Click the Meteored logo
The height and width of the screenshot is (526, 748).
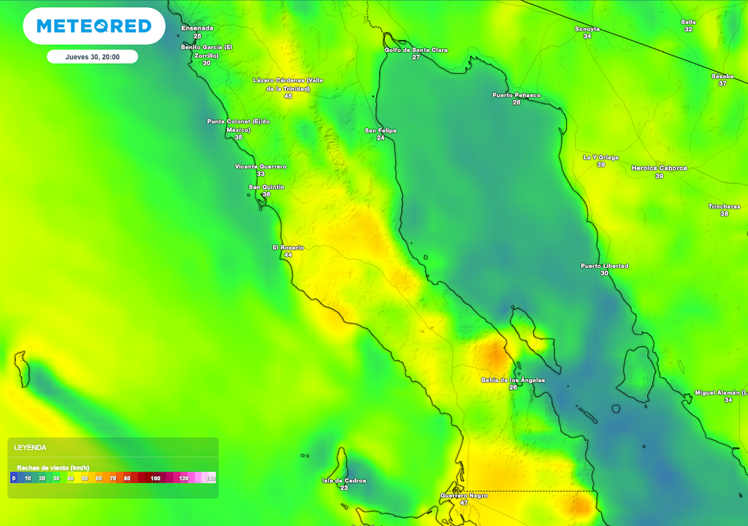[x=93, y=26]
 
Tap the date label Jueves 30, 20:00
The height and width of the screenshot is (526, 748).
[x=92, y=57]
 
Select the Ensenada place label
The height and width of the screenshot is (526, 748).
[x=197, y=28]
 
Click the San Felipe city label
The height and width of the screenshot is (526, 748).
[x=381, y=131]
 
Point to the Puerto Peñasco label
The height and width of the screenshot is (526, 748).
[x=516, y=95]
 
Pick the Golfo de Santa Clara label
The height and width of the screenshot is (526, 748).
[x=416, y=50]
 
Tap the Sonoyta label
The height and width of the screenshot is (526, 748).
[x=587, y=28]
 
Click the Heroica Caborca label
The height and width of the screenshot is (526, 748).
[x=659, y=168]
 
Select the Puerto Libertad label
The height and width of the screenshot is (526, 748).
[x=604, y=266]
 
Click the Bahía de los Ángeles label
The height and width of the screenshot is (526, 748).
[x=513, y=380]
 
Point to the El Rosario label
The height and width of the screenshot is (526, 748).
[x=288, y=248]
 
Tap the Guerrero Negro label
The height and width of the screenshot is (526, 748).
[x=464, y=495]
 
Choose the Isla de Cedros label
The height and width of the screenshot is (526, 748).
[x=344, y=481]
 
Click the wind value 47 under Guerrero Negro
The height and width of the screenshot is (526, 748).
[x=464, y=503]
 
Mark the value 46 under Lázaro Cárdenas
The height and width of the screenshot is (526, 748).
[x=288, y=96]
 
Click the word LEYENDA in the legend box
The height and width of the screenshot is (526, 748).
[x=31, y=447]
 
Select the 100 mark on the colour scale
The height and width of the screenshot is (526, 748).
[x=155, y=479]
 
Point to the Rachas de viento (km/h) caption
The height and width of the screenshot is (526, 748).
[x=53, y=467]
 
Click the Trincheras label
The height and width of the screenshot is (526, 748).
[x=724, y=207]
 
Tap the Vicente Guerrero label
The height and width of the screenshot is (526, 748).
[x=261, y=167]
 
